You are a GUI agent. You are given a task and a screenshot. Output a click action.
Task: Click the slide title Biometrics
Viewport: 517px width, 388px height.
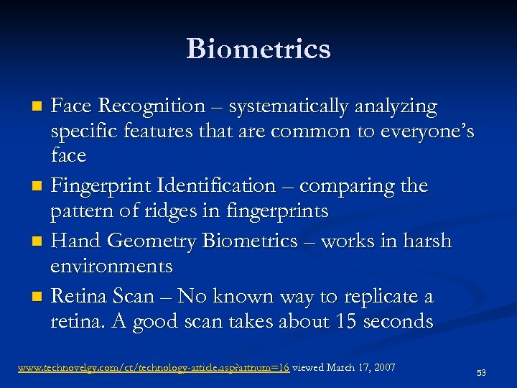coord(258,49)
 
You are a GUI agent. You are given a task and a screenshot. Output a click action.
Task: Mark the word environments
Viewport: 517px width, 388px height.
coord(111,267)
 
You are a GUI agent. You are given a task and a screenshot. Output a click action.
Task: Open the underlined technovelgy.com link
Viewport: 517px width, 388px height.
coord(154,368)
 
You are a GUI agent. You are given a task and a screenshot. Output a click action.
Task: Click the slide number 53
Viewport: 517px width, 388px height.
coord(481,373)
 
